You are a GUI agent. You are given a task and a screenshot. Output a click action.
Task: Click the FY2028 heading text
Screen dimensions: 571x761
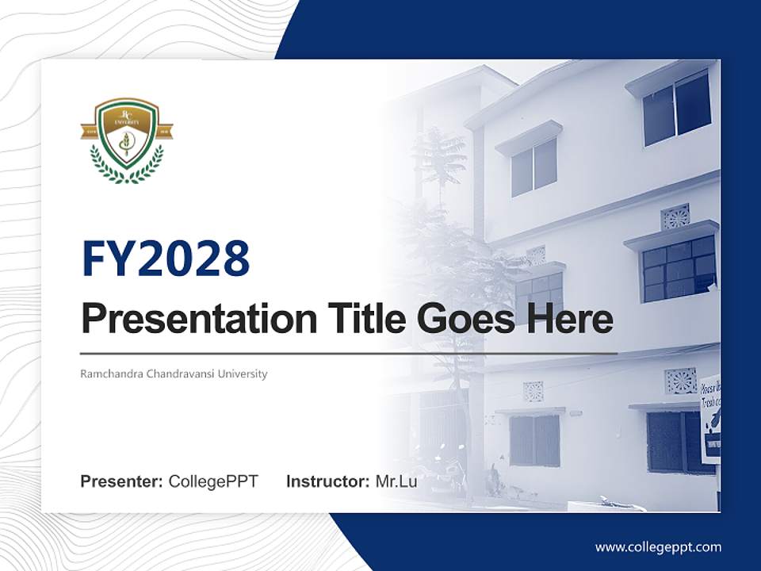(166, 259)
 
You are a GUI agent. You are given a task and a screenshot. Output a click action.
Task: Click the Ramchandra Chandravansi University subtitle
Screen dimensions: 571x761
(174, 374)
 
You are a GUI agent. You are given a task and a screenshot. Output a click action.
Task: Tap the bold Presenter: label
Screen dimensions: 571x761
(122, 481)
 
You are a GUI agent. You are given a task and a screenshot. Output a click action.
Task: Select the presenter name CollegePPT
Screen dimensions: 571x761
(213, 481)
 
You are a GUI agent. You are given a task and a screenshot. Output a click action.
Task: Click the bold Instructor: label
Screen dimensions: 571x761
(327, 481)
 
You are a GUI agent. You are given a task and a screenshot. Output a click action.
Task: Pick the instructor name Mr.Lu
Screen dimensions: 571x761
(396, 481)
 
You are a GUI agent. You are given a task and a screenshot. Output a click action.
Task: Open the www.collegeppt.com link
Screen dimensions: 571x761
(658, 547)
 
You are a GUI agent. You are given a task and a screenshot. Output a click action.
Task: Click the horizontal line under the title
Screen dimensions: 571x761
(349, 354)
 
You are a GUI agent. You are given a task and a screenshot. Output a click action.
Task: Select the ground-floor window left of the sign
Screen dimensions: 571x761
(670, 440)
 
